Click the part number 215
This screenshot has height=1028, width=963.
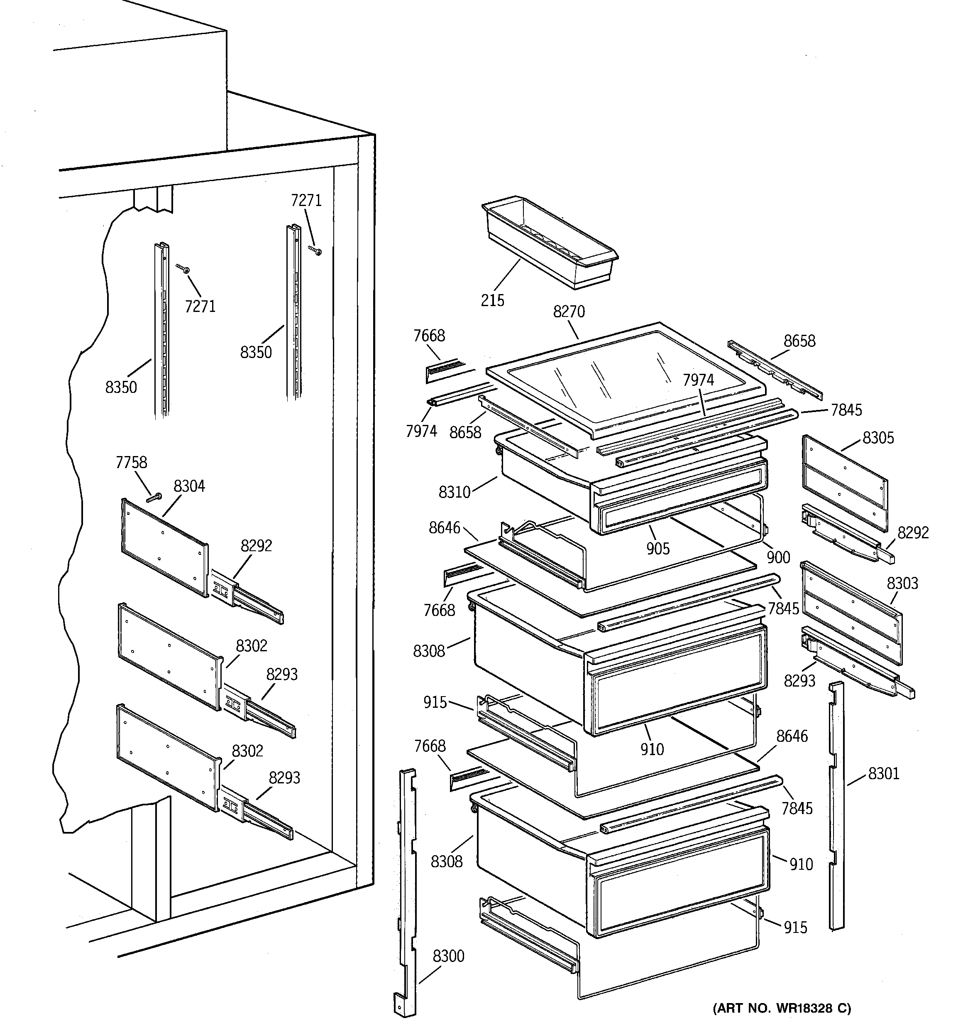(x=492, y=300)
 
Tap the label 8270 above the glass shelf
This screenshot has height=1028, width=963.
(x=569, y=312)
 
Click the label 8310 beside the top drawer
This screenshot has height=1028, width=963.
(x=455, y=492)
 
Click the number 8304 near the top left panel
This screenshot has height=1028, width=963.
(x=189, y=486)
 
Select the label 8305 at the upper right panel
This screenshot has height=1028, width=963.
(x=878, y=438)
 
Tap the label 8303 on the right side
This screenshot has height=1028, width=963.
(x=902, y=583)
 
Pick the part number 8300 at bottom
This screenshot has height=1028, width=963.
(x=448, y=956)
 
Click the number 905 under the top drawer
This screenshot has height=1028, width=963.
(x=657, y=549)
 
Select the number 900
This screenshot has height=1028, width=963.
(x=778, y=557)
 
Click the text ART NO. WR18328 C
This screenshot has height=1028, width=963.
(x=782, y=1008)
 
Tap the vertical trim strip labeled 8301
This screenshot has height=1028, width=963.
(x=836, y=807)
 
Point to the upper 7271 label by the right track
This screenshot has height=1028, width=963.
(x=306, y=201)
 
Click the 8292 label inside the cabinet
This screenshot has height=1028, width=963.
(x=256, y=545)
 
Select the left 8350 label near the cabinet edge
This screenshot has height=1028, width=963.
(x=121, y=387)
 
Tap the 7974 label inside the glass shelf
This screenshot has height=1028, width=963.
(x=698, y=380)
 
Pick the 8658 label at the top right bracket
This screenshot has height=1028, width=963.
(x=799, y=341)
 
